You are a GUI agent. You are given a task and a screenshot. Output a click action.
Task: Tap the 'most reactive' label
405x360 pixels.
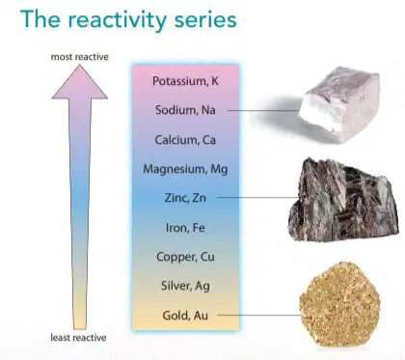79,57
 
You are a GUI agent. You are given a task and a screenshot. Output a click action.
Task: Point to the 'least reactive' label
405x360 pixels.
78,338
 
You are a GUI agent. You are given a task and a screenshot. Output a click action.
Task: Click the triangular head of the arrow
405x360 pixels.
80,81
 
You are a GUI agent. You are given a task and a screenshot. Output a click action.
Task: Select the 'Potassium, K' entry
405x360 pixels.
185,81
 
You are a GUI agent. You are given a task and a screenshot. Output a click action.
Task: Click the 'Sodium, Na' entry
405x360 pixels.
185,110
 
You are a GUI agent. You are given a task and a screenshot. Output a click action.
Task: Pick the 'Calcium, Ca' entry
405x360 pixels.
185,140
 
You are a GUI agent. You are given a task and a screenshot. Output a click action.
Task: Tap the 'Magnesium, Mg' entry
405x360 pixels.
185,169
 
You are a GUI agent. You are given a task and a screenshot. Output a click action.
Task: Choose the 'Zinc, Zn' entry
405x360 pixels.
185,198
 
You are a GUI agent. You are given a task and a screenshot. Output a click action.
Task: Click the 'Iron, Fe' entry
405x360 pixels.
185,228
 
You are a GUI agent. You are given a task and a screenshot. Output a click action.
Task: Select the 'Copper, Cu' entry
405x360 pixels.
185,257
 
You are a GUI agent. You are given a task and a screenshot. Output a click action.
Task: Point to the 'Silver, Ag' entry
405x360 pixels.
185,286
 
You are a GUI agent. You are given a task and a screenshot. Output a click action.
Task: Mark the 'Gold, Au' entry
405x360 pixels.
185,316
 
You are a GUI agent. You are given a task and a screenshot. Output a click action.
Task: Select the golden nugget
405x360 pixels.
340,304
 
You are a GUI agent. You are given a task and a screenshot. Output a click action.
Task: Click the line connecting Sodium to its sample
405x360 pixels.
263,110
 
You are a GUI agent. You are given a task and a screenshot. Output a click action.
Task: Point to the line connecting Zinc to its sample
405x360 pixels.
257,198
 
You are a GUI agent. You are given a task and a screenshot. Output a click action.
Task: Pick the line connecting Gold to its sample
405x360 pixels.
260,315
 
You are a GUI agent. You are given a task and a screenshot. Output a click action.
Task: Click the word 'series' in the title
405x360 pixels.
205,20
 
